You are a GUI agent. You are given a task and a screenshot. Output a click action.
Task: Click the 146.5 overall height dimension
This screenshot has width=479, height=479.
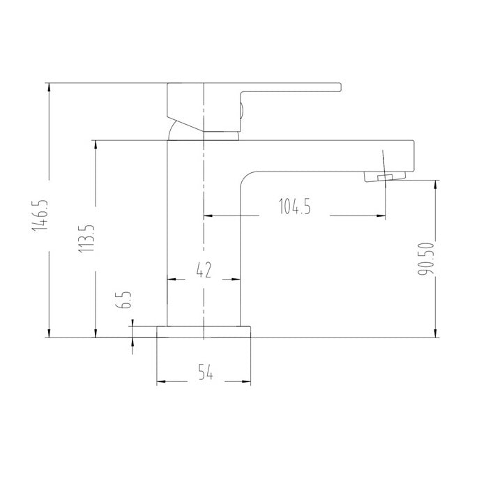point(40,215)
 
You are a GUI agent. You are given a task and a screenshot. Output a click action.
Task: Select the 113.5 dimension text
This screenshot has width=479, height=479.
point(86,238)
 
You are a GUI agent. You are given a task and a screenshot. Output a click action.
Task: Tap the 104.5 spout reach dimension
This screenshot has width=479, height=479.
point(295,206)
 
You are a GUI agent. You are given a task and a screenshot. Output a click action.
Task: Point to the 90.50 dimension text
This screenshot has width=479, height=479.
point(426,259)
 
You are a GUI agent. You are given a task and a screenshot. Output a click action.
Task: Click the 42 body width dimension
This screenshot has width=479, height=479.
point(204,270)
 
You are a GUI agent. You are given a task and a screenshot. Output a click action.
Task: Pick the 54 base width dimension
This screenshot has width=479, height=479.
point(206,372)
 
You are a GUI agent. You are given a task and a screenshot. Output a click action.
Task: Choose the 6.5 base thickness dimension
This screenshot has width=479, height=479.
point(124,300)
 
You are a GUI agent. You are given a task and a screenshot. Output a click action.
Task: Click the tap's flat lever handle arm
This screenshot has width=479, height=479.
point(290,88)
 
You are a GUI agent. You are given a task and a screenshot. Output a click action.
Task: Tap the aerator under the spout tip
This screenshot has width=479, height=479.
point(385,176)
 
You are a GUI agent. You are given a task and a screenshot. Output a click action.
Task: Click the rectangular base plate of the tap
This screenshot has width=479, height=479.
point(204,332)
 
